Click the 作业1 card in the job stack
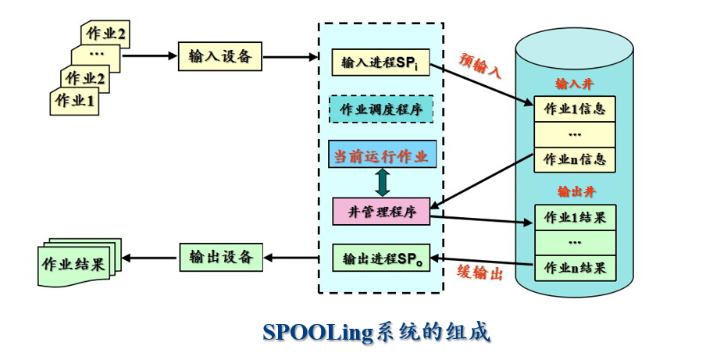(76, 102)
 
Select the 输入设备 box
(219, 55)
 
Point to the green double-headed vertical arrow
(382, 182)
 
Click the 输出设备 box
(220, 257)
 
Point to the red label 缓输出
(479, 272)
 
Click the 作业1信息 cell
(575, 109)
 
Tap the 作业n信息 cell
(575, 159)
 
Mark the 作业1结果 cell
(575, 216)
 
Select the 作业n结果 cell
(575, 268)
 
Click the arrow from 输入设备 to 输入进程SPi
(290, 56)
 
